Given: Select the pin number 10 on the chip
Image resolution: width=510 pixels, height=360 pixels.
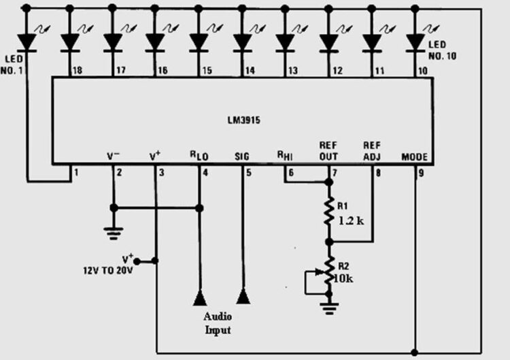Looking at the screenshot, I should click(423, 70).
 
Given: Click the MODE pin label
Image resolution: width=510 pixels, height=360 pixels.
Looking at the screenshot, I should click(414, 157).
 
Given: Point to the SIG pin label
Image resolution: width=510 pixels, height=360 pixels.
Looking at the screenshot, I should click(241, 157).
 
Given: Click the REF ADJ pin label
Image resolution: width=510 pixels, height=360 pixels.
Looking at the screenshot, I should click(372, 150).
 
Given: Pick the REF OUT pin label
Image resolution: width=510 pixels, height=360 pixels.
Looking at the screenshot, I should click(329, 150).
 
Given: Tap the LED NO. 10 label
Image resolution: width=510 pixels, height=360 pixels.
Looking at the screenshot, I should click(443, 50).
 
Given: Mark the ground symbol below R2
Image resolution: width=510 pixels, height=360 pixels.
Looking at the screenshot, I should click(329, 308).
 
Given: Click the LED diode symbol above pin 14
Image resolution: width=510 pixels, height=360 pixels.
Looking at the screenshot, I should click(242, 43).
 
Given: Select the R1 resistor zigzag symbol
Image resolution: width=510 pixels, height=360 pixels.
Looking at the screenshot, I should click(329, 212).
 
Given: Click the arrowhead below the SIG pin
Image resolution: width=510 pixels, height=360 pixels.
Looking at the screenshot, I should click(243, 297).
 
